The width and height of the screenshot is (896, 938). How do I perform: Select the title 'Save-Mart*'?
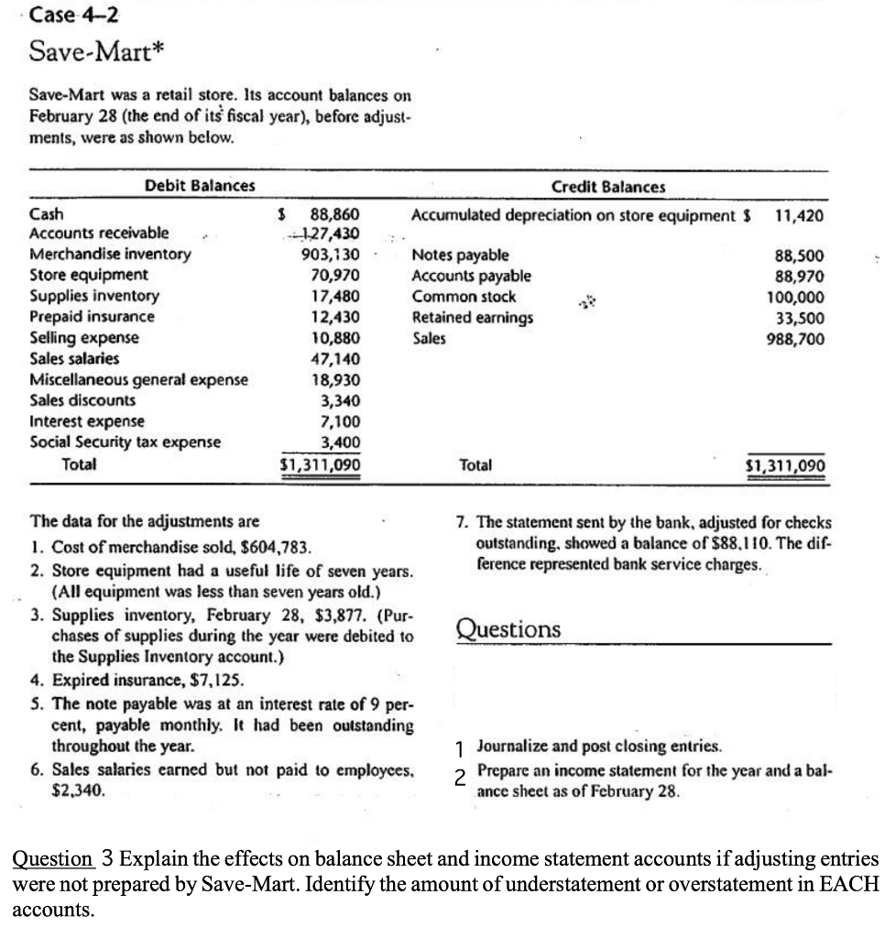click(x=88, y=51)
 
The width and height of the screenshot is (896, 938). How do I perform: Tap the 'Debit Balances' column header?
click(x=200, y=186)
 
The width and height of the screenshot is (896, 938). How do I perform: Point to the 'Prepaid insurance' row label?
click(x=93, y=317)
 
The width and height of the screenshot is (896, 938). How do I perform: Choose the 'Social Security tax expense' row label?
click(x=126, y=442)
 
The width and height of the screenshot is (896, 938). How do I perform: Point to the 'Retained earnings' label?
click(x=473, y=318)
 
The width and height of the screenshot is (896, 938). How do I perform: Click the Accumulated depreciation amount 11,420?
click(x=799, y=216)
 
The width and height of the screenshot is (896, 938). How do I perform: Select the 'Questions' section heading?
click(x=508, y=629)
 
